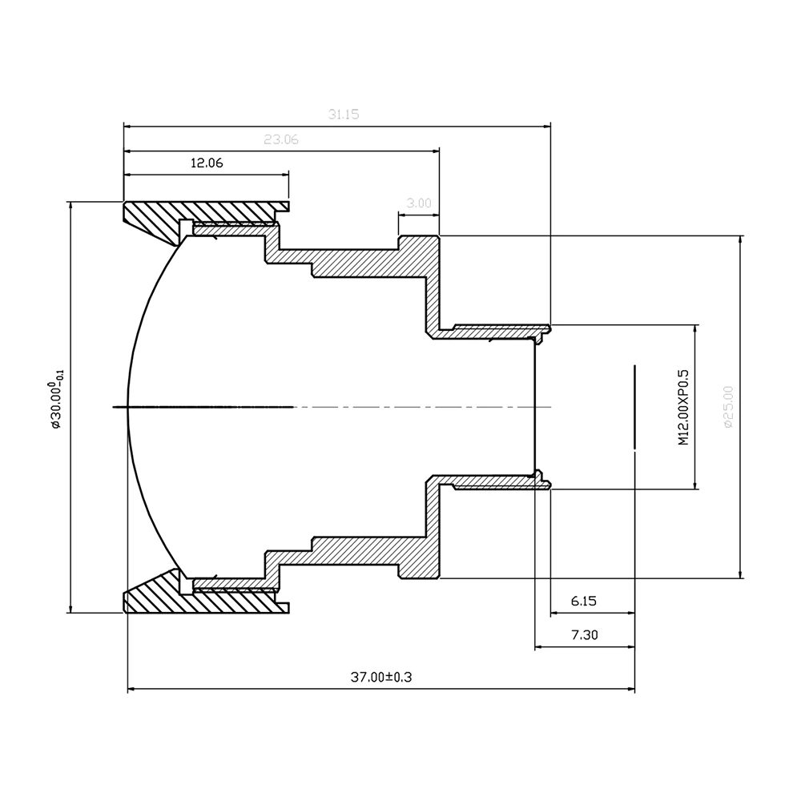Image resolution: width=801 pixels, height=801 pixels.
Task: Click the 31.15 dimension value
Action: [x=344, y=115]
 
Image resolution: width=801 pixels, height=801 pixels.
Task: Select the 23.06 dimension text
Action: [x=281, y=139]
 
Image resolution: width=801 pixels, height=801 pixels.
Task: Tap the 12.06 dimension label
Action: [x=207, y=163]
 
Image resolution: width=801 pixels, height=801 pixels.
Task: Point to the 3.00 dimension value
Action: [x=419, y=203]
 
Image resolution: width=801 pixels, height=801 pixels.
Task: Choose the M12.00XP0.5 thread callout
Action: [x=683, y=407]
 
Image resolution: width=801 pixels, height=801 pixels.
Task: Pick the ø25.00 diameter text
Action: [x=728, y=407]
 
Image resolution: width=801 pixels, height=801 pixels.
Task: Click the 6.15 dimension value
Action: [x=583, y=601]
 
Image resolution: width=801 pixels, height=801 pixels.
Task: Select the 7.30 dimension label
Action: [x=585, y=635]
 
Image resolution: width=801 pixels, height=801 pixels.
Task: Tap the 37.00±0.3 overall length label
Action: [x=381, y=678]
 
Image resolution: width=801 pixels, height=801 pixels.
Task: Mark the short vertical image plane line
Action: [x=634, y=407]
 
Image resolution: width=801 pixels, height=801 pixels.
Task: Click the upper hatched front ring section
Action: [x=204, y=216]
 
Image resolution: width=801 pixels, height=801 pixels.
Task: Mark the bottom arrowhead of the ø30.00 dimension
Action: [x=70, y=609]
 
